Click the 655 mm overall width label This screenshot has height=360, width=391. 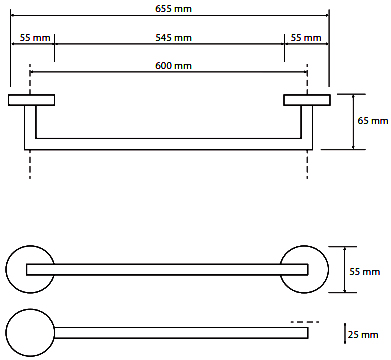pyautogui.click(x=173, y=8)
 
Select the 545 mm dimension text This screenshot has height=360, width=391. pyautogui.click(x=173, y=38)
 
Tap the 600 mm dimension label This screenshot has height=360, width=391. pyautogui.click(x=173, y=66)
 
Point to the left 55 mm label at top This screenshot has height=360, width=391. pyautogui.click(x=35, y=38)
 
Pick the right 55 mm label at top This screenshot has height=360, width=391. pyautogui.click(x=306, y=38)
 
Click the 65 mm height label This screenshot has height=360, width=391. pyautogui.click(x=373, y=121)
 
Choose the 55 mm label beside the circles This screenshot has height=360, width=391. pyautogui.click(x=365, y=272)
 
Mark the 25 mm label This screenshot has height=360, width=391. pyautogui.click(x=363, y=334)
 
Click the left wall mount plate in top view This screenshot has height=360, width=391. pyautogui.click(x=31, y=100)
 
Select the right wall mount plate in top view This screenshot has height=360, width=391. pyautogui.click(x=307, y=100)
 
